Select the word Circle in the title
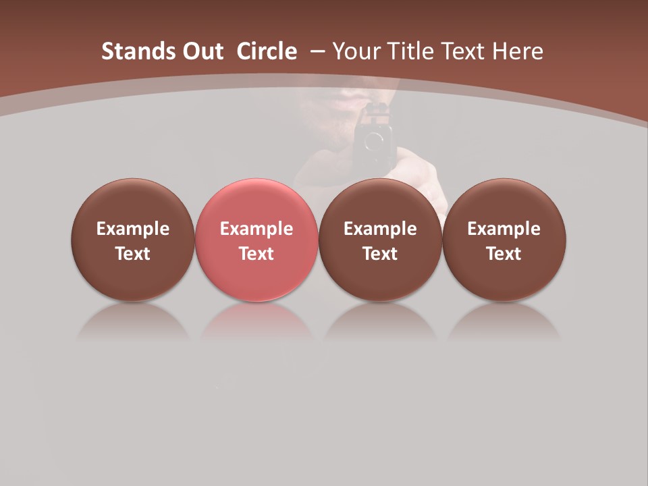pyautogui.click(x=267, y=51)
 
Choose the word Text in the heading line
pyautogui.click(x=465, y=51)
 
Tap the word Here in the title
pyautogui.click(x=518, y=51)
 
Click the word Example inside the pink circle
pyautogui.click(x=256, y=229)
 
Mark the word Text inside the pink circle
pyautogui.click(x=256, y=254)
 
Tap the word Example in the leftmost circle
pyautogui.click(x=132, y=229)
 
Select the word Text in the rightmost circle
pyautogui.click(x=504, y=254)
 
